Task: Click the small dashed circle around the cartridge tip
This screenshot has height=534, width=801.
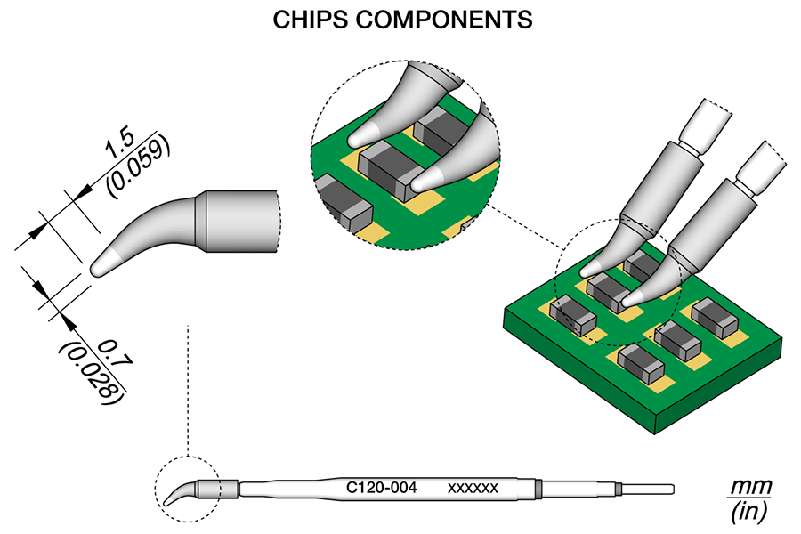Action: pyautogui.click(x=186, y=487)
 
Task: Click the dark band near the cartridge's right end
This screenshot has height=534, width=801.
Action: pyautogui.click(x=540, y=488)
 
